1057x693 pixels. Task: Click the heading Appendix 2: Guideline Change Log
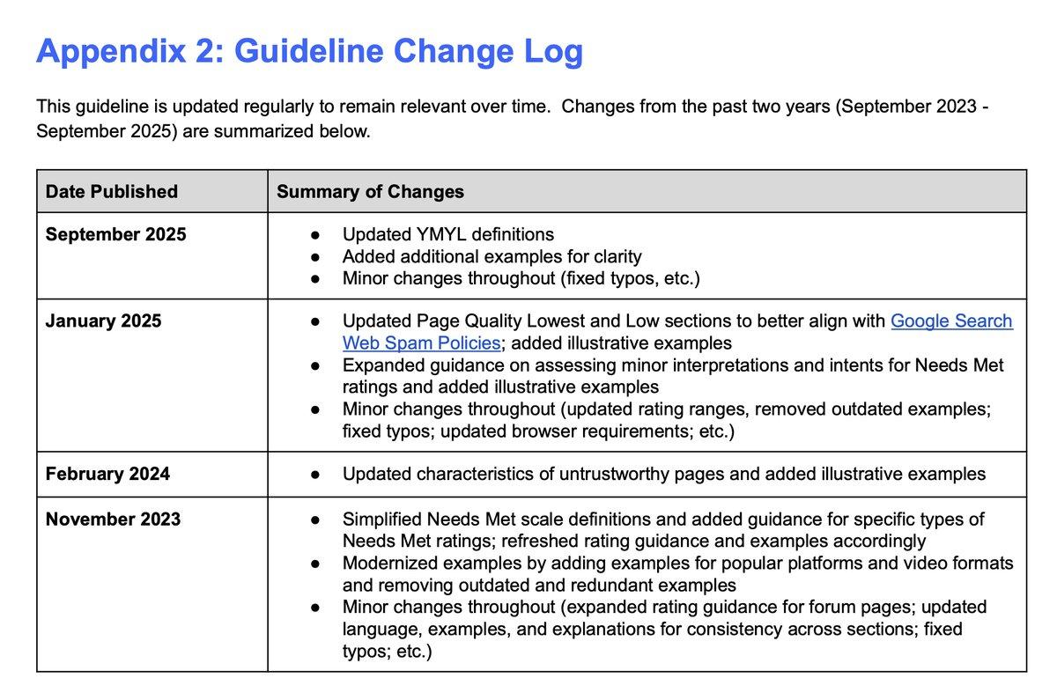(309, 53)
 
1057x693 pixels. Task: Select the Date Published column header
(112, 191)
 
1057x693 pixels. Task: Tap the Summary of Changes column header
(370, 191)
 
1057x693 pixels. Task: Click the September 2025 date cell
(116, 235)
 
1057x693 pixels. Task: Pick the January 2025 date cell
(104, 321)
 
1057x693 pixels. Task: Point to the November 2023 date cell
(113, 519)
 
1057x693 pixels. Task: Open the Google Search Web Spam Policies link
(951, 321)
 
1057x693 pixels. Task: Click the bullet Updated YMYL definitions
(448, 235)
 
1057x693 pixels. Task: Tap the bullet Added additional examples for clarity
(492, 257)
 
